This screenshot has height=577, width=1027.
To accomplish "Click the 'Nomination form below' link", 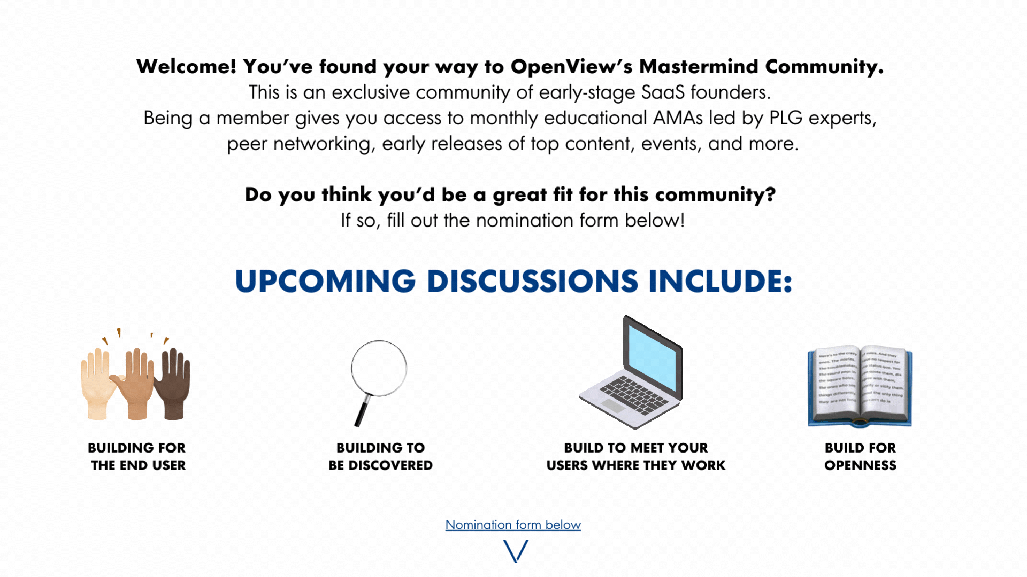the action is (513, 525).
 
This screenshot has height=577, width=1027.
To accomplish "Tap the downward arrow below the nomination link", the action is (516, 551).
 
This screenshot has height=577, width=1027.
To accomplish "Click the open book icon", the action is (860, 386).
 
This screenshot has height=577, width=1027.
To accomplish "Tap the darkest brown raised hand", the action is (172, 383).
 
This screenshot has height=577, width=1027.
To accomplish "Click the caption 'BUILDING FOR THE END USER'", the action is (137, 456).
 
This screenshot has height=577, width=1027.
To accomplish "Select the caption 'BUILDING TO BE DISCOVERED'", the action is (380, 456).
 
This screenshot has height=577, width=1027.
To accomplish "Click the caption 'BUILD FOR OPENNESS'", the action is (860, 456).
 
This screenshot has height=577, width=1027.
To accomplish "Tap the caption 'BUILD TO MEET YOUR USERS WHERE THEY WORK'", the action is (636, 456).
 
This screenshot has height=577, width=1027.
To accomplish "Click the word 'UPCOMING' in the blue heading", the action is (325, 281).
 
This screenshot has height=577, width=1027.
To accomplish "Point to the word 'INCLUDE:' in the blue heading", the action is (720, 281).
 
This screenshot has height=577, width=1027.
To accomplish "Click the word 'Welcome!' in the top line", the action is (186, 67).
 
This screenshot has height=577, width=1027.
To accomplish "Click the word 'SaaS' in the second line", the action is (663, 92).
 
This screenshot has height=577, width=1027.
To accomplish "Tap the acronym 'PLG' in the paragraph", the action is (786, 118).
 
